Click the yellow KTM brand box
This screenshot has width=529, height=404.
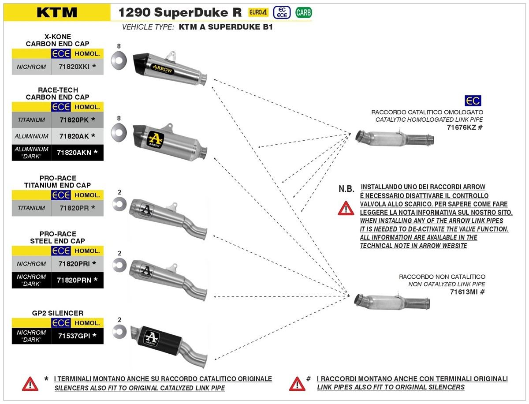(57, 12)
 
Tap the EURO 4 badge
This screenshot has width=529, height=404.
(257, 12)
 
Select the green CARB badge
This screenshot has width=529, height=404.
(303, 12)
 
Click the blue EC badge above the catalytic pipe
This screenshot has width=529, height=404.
(473, 101)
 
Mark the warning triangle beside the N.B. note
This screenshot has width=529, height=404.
(346, 208)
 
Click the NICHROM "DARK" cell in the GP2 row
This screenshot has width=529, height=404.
(31, 336)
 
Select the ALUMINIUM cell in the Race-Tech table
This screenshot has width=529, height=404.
(31, 136)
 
